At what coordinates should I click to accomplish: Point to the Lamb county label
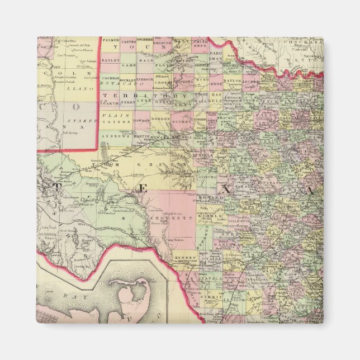tap(129, 66)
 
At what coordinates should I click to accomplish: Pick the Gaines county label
tap(123, 121)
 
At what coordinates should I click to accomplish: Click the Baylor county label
tap(232, 81)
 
